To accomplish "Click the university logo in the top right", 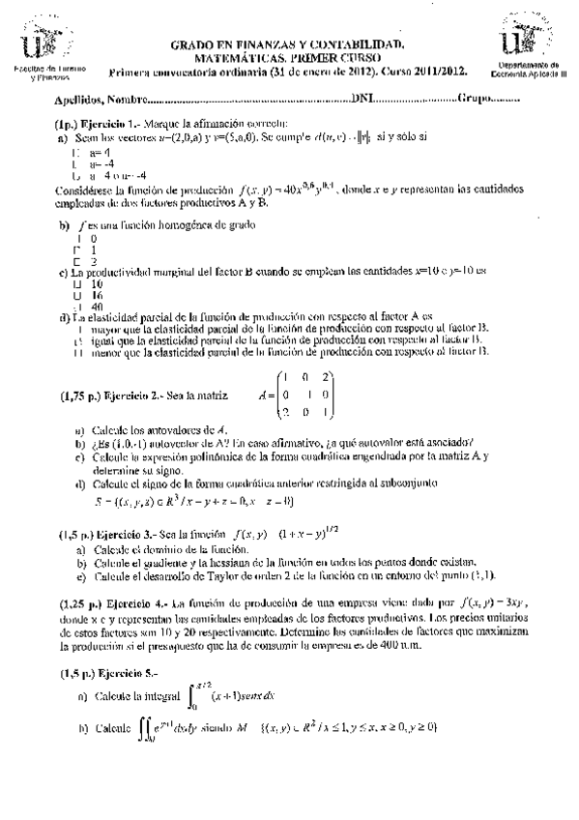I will (x=535, y=39).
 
